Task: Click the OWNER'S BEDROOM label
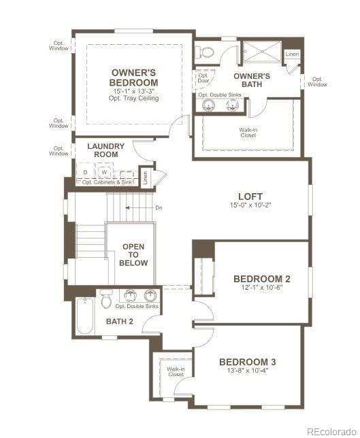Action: tap(134, 78)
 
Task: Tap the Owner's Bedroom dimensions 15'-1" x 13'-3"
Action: tap(134, 90)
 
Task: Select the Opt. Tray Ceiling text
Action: tap(134, 99)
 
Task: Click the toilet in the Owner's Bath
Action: tap(205, 52)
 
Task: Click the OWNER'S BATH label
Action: tap(252, 80)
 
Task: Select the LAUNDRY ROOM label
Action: tap(106, 150)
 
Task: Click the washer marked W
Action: tap(105, 173)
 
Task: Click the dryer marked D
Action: tap(86, 173)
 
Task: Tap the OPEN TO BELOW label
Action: tap(133, 255)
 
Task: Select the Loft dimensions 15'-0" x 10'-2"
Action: tap(250, 205)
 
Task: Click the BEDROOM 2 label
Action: tap(262, 279)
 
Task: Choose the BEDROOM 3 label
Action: tap(247, 362)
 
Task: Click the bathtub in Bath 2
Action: tap(84, 316)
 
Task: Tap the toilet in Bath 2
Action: tap(106, 299)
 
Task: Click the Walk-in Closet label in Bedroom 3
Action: tap(176, 372)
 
